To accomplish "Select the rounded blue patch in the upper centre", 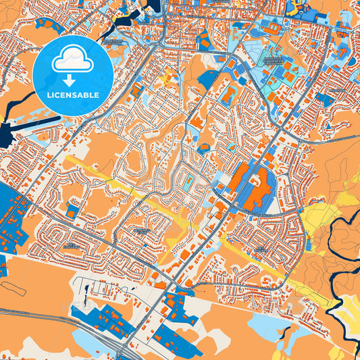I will (208, 80).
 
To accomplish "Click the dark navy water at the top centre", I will (150, 7).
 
